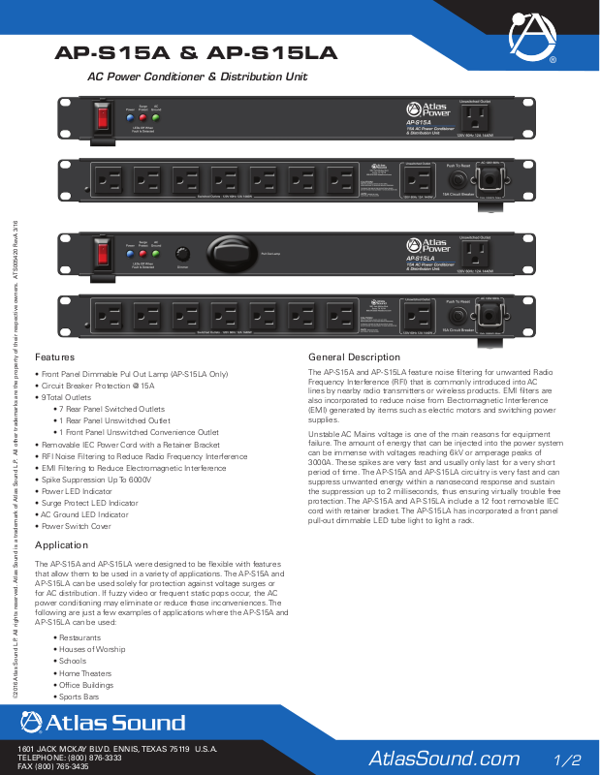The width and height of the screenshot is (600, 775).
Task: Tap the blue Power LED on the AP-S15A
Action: point(130,116)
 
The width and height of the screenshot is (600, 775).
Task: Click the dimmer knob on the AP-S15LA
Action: point(180,254)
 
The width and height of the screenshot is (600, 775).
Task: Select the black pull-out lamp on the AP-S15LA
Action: point(228,254)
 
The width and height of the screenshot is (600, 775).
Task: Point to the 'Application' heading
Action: point(62,546)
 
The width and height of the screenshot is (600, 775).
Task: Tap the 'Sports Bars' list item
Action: point(80,697)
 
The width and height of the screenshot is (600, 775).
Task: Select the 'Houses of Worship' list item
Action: point(92,649)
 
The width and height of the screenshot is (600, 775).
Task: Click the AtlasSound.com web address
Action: point(444,758)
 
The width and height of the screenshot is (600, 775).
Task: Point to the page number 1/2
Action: point(567,758)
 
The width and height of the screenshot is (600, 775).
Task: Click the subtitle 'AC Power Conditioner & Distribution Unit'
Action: point(198,76)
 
